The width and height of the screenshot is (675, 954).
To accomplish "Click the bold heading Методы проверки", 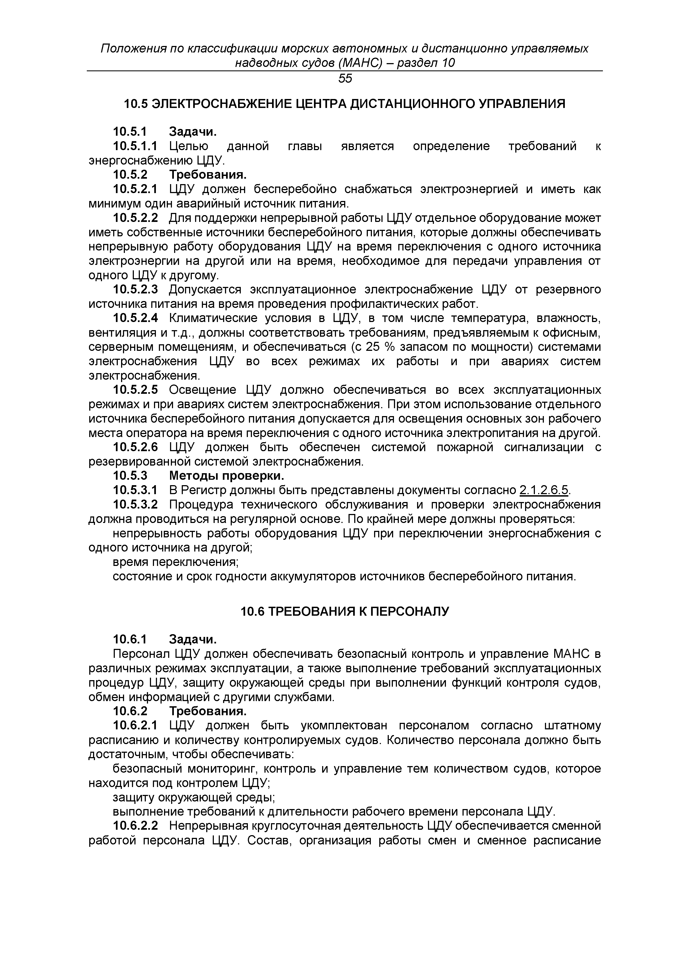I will [x=227, y=476].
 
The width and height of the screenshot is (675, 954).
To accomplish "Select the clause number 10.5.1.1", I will [x=135, y=146].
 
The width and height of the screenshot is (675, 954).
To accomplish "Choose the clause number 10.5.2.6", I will [x=135, y=448].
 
